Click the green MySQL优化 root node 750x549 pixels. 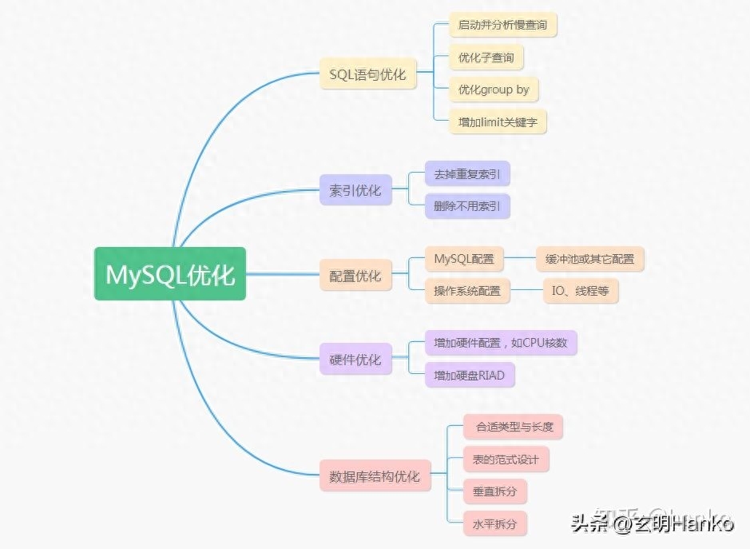[170, 274]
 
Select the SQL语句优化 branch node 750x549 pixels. [367, 74]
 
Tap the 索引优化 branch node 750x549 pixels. [355, 191]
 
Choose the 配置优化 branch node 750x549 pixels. [355, 276]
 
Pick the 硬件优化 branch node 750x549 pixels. [355, 360]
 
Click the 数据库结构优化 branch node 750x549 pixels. [375, 476]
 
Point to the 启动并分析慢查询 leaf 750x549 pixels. [502, 25]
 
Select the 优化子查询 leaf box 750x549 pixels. [486, 58]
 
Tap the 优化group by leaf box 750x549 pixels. [494, 90]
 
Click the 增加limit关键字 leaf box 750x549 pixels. [498, 122]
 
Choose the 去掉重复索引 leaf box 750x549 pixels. [467, 174]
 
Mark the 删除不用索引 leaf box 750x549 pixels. [467, 206]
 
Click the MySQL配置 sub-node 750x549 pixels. [464, 259]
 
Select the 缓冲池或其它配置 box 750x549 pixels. [589, 259]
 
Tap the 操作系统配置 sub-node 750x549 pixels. [467, 291]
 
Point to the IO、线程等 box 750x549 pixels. [580, 291]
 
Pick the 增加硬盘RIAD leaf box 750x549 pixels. [470, 375]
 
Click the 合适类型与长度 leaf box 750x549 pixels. [514, 427]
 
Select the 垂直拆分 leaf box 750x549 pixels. [495, 491]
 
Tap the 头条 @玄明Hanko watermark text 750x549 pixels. [652, 524]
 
